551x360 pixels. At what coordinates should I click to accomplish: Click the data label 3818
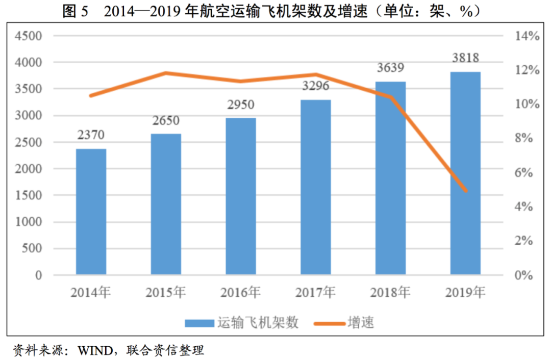pyautogui.click(x=465, y=58)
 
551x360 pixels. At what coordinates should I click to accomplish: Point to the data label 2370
pyautogui.click(x=91, y=135)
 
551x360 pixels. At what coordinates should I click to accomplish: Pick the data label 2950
pyautogui.click(x=240, y=105)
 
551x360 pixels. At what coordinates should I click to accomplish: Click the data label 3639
pyautogui.click(x=390, y=67)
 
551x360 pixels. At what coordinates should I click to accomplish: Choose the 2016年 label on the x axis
pyautogui.click(x=240, y=293)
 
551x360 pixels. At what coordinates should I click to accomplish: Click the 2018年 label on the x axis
pyautogui.click(x=390, y=293)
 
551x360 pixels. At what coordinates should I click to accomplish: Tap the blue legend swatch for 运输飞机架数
pyautogui.click(x=199, y=323)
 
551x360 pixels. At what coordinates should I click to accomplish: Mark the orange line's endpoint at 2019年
pyautogui.click(x=465, y=191)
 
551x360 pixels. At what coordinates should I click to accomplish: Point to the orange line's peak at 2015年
pyautogui.click(x=166, y=73)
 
